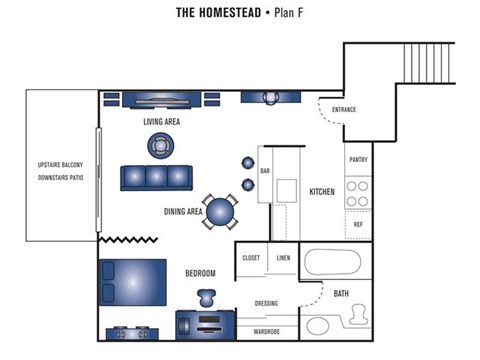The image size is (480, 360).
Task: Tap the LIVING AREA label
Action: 162,122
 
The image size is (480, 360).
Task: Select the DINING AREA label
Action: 183,212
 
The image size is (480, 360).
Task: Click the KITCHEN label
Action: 322,192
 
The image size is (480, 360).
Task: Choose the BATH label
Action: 341,294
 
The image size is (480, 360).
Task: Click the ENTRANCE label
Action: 343,109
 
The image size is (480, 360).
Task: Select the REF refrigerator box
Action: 358,225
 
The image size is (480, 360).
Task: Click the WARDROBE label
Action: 266,331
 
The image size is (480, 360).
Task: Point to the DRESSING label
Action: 266,304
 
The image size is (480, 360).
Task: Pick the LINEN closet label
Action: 284,258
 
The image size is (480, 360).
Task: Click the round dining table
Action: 222,210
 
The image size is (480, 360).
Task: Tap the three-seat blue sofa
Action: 155,178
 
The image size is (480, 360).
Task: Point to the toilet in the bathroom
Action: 356,318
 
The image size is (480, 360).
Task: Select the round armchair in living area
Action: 161,146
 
